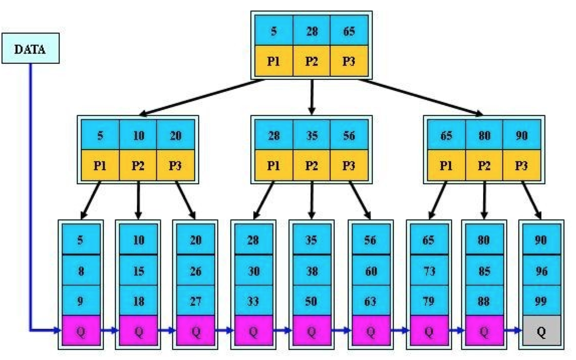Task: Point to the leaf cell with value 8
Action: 81,271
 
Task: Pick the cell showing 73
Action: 428,271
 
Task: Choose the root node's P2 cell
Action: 312,61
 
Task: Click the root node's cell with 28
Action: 312,31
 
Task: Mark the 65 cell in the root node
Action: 349,31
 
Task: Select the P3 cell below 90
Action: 522,165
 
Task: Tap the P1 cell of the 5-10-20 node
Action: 100,165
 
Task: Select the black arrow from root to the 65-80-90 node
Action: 421,97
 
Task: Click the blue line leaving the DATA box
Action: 30,201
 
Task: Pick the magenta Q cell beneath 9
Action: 81,331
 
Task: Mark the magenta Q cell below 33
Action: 253,331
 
